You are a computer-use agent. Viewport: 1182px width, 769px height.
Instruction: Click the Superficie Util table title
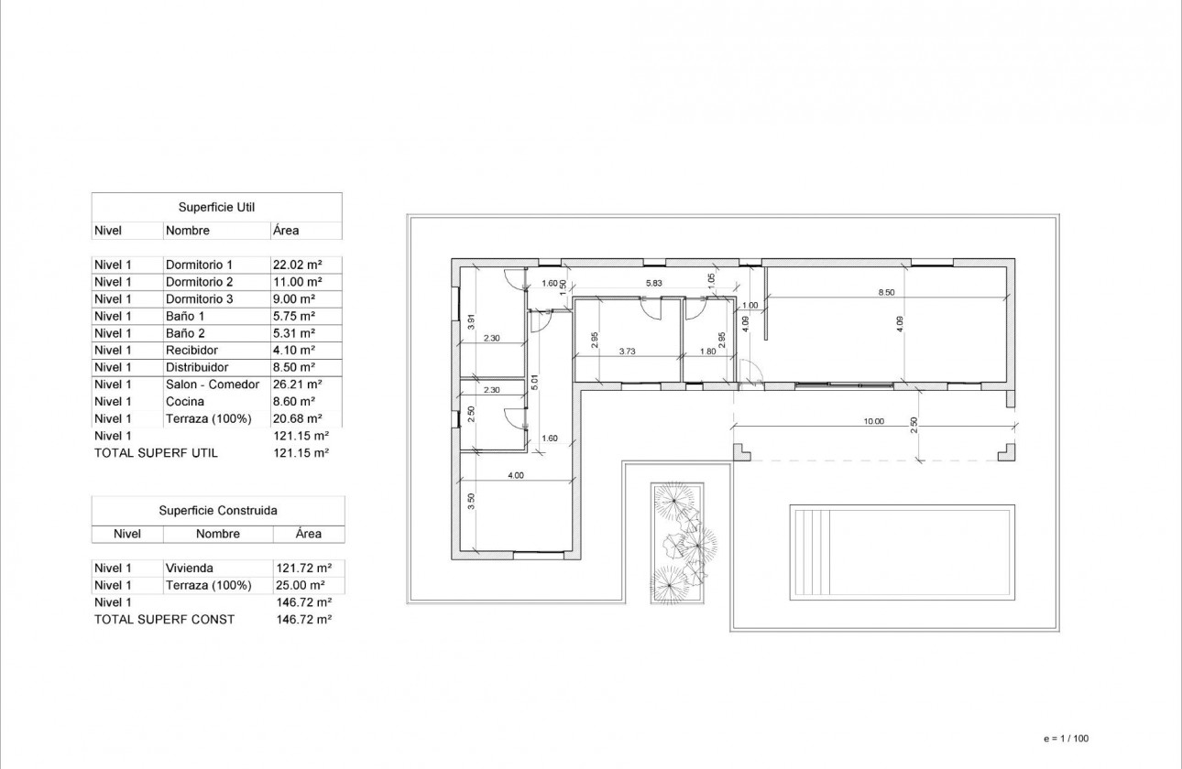click(x=216, y=208)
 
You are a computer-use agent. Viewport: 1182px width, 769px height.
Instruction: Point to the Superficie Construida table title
click(x=218, y=511)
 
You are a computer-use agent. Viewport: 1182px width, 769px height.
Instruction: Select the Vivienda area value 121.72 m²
click(x=302, y=569)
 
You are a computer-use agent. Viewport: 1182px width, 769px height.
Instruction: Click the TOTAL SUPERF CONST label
click(x=164, y=620)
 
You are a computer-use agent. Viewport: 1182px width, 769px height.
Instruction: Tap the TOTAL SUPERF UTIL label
click(x=156, y=453)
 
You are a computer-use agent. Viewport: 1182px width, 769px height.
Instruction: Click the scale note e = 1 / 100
click(x=1067, y=738)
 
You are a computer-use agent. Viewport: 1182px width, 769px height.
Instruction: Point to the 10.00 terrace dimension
click(x=873, y=422)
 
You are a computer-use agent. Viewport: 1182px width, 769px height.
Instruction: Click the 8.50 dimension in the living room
click(x=885, y=293)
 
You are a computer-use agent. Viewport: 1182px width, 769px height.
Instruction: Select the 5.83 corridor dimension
click(x=654, y=284)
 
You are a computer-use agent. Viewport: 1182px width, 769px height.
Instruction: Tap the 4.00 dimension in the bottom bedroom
click(x=516, y=475)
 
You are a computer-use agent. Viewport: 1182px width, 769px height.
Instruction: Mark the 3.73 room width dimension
click(x=628, y=351)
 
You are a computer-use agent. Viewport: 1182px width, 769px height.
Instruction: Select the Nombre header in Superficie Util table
click(x=188, y=231)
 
